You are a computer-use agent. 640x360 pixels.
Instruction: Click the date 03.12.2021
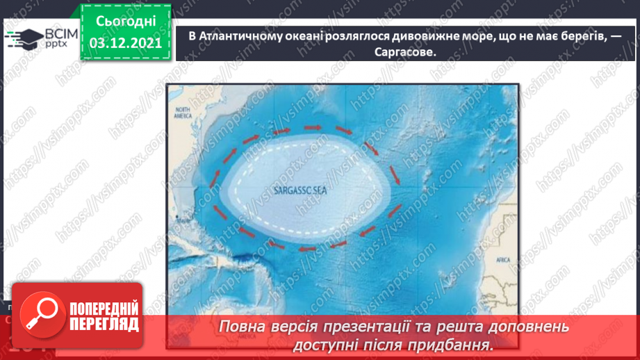pyautogui.click(x=125, y=43)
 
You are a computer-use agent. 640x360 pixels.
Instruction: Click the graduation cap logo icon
pyautogui.click(x=24, y=39)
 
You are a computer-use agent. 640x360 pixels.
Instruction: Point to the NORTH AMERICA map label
pyautogui.click(x=183, y=114)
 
